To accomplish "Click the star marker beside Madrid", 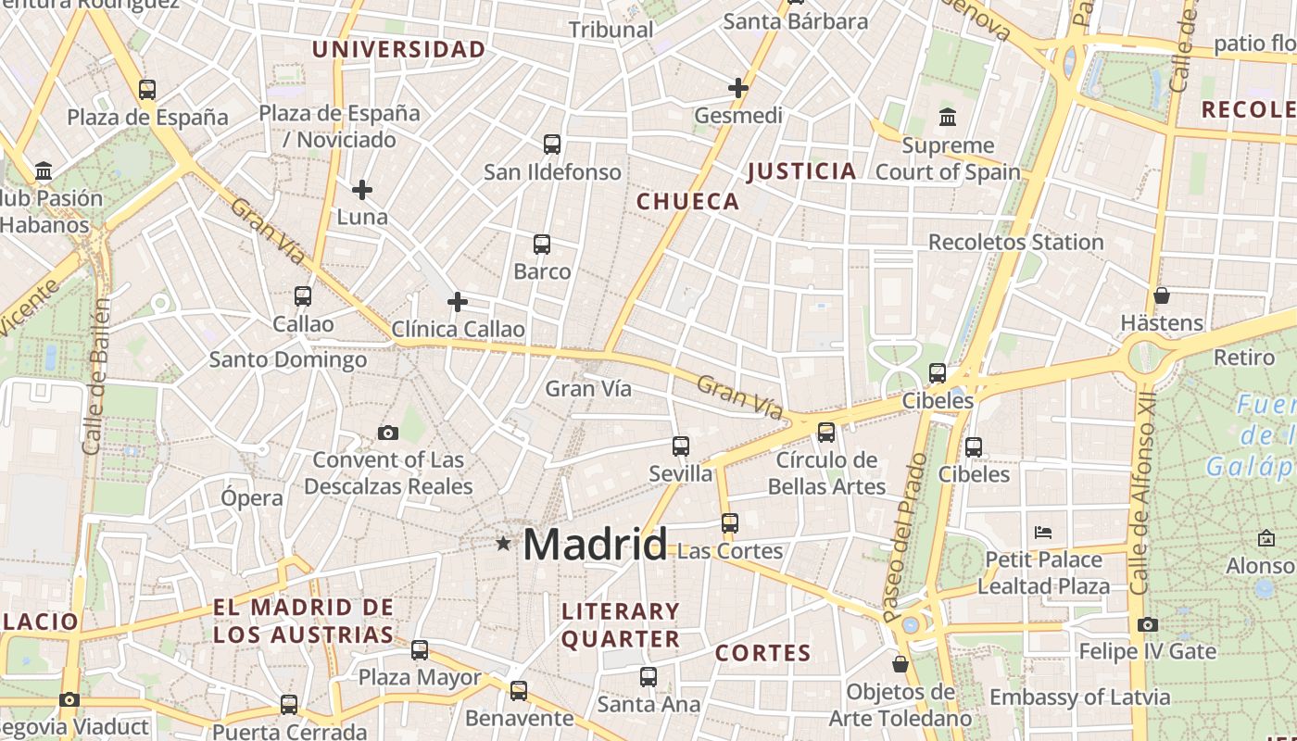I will point(503,543).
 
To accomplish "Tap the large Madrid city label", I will point(595,544).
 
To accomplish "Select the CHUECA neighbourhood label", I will point(687,201).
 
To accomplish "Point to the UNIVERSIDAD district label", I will point(398,49).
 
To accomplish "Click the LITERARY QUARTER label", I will point(621,625).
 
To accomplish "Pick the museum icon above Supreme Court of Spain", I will point(948,118).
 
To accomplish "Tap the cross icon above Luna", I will point(362,190).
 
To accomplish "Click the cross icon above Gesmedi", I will point(738,88).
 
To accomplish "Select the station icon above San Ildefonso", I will point(552,144).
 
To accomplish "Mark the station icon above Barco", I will point(542,245).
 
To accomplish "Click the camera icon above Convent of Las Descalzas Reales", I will point(388,433).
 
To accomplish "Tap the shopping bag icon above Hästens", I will point(1162,295).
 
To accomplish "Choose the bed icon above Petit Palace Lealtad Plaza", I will point(1043,533).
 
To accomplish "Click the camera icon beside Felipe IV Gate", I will point(1148,625).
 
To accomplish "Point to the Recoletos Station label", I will point(1015,242).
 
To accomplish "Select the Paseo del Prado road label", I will point(904,537).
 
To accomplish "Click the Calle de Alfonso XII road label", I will point(1146,500).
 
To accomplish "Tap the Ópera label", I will point(252,497).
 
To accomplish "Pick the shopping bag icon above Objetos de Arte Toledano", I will point(900,664).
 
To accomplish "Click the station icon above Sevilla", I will point(681,446).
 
